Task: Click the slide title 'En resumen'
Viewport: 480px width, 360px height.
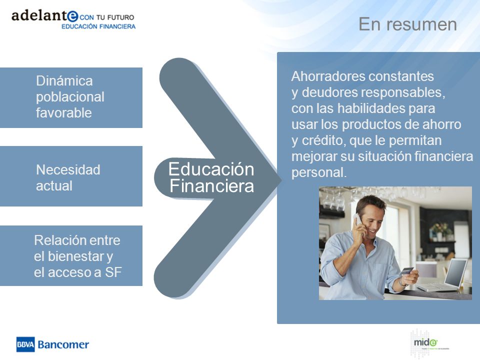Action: click(407, 24)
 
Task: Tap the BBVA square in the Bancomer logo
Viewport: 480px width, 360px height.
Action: click(25, 344)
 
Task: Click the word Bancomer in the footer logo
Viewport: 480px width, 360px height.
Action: click(63, 344)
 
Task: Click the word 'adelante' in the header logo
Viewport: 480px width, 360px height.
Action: click(45, 15)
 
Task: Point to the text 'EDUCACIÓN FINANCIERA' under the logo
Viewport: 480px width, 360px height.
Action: click(98, 26)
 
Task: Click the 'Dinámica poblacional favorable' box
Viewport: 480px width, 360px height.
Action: click(71, 97)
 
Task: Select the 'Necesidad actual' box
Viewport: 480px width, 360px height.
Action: click(71, 176)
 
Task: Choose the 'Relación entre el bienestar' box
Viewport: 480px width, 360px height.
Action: click(71, 256)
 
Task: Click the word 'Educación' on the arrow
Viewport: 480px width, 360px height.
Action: click(211, 169)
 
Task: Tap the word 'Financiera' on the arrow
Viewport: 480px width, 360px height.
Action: click(212, 186)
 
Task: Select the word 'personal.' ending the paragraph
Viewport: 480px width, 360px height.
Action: click(319, 172)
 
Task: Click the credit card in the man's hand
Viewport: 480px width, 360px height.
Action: click(406, 271)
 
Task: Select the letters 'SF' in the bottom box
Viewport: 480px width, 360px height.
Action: click(113, 272)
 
